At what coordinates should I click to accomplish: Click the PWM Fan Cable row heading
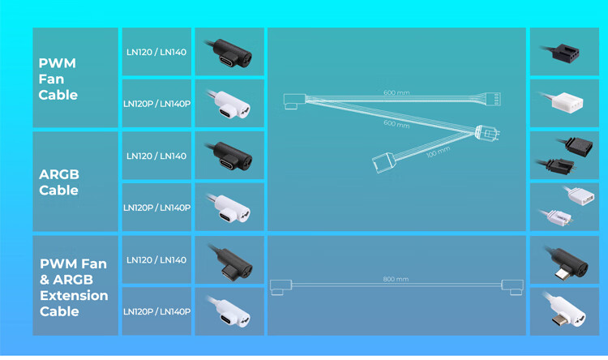coord(58,79)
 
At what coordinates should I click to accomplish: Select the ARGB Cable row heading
coord(59,182)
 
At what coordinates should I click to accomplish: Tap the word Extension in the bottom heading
coord(74,296)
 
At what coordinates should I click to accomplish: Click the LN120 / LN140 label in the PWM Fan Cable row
coord(156,52)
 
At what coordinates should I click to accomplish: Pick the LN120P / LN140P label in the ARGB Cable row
coord(156,208)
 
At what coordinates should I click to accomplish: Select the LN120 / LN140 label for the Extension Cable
coord(156,260)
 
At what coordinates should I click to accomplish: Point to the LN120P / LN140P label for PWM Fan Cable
coord(156,104)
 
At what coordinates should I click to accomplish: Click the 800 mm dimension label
coord(396,279)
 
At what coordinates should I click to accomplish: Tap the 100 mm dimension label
coord(438,152)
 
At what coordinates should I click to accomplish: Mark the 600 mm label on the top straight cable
coord(396,92)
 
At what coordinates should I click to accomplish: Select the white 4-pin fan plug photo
coord(563,101)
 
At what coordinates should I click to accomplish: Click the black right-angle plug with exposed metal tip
coord(567,263)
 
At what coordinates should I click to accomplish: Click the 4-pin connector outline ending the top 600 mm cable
coord(492,99)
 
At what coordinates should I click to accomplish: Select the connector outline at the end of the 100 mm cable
coord(383,162)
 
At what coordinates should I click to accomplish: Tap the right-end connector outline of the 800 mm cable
coord(512,287)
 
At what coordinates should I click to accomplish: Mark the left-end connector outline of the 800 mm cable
coord(280,287)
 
